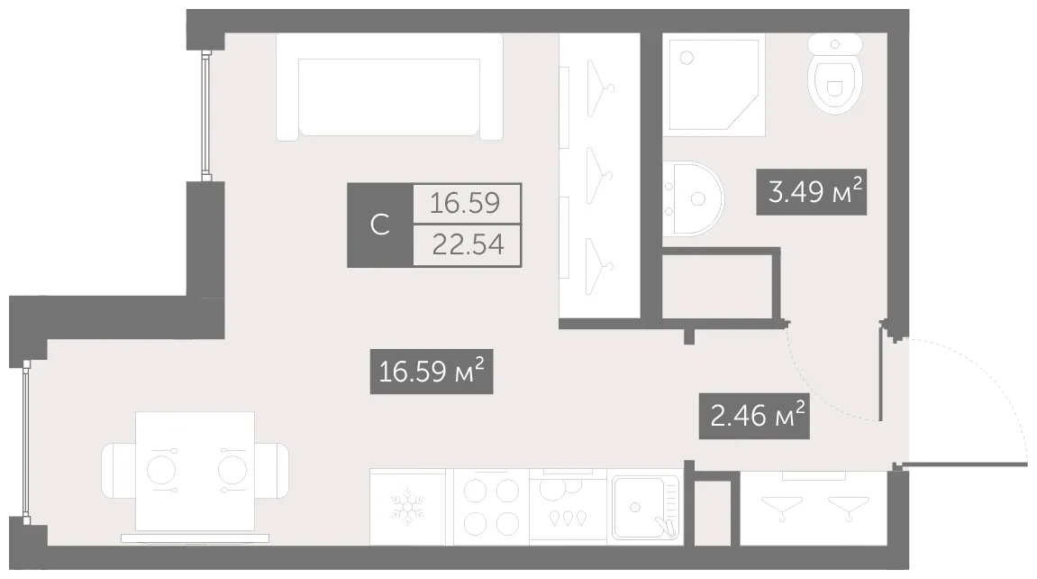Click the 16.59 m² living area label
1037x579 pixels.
click(432, 372)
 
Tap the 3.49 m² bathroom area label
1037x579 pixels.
click(812, 192)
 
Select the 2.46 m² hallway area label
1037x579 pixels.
click(754, 416)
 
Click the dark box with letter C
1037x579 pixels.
click(380, 225)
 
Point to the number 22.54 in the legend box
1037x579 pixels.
click(468, 244)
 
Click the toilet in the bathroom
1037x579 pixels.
click(835, 73)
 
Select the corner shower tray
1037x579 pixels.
click(714, 86)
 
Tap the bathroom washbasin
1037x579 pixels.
click(694, 198)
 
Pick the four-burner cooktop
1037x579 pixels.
click(491, 508)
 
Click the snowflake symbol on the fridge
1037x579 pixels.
click(407, 508)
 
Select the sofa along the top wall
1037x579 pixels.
click(389, 87)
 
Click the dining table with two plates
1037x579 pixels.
click(196, 471)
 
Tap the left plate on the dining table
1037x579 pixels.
click(160, 471)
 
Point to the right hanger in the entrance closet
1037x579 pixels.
click(849, 508)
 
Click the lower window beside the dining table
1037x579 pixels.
click(26, 441)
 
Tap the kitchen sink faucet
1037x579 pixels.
click(666, 526)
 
